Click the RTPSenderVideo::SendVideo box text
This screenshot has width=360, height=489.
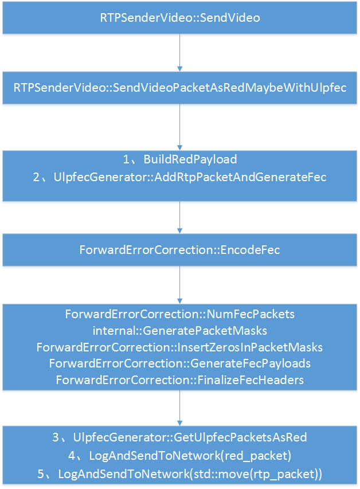coord(180,18)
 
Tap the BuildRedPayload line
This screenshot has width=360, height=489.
coord(190,159)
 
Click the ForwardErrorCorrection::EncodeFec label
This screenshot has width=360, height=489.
coord(180,250)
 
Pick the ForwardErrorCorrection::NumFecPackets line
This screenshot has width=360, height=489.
coord(180,314)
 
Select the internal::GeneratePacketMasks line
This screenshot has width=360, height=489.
coord(180,331)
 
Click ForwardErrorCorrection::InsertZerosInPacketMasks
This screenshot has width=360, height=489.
coord(180,347)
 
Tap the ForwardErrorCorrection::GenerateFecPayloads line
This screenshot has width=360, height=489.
coord(180,363)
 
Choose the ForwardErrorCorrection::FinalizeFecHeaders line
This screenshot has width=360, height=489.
coord(180,380)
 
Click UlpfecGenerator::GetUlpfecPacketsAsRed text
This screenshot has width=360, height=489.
coord(190,437)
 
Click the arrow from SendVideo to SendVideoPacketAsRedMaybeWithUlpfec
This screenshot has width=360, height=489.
coord(180,52)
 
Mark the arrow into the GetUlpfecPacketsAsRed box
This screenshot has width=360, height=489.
coord(180,408)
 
